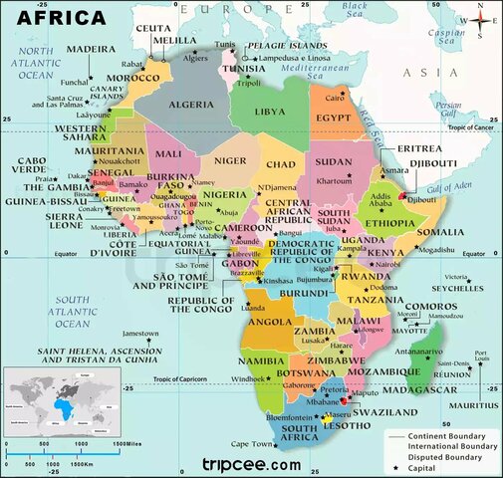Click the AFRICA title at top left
(56, 17)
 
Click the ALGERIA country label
(189, 104)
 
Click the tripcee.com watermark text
(251, 464)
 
